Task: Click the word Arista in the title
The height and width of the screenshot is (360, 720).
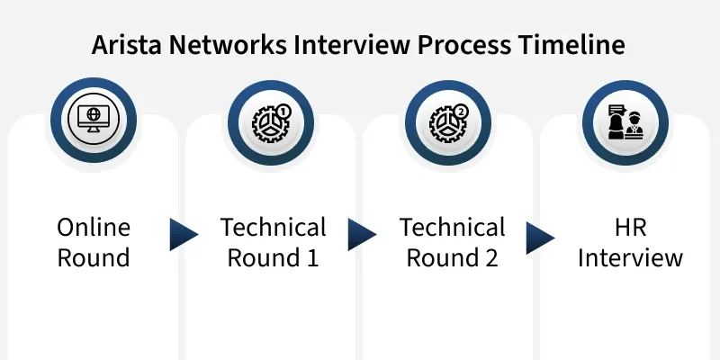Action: (126, 44)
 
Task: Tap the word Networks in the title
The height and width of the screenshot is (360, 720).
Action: (229, 44)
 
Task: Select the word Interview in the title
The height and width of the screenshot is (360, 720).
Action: (352, 44)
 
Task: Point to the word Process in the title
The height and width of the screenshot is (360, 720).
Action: (463, 44)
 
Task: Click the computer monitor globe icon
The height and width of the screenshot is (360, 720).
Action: (94, 119)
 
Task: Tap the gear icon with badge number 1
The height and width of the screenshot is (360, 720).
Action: (272, 122)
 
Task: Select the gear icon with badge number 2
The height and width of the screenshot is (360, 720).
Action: (448, 122)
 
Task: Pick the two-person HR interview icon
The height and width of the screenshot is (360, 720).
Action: (625, 122)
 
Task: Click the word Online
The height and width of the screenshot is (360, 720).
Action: (94, 228)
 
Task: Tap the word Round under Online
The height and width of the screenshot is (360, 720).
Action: (94, 257)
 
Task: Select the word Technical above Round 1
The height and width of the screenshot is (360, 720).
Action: (274, 228)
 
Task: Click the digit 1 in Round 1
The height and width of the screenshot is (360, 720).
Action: (311, 257)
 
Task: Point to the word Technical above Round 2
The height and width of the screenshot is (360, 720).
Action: (453, 228)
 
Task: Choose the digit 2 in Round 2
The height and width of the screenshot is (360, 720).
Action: (491, 257)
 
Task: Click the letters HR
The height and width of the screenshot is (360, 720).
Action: (631, 228)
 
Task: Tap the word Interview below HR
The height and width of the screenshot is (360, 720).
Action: (631, 257)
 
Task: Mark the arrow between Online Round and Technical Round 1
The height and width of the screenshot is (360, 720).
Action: (184, 235)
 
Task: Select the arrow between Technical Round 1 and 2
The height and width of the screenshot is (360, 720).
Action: (362, 235)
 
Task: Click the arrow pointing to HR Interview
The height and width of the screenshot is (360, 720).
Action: (540, 238)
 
